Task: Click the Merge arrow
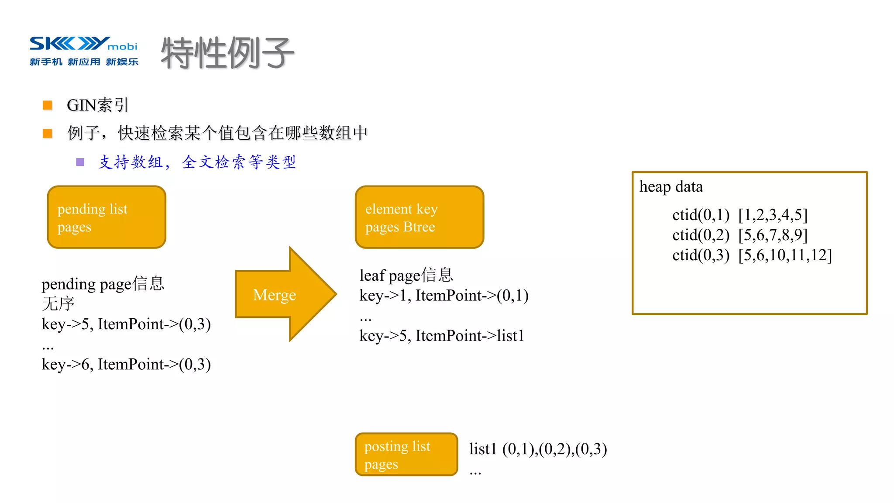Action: coord(284,294)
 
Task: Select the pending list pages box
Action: coord(107,217)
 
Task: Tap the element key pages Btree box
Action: coord(419,217)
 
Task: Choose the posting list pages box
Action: coord(406,455)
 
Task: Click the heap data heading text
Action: coord(671,187)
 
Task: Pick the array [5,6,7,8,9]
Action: coord(773,235)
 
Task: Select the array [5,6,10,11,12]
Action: coord(785,255)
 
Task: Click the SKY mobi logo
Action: coord(83,51)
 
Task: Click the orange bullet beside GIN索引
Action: coord(48,105)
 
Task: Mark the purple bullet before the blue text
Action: coord(80,162)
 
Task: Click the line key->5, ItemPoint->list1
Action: coord(441,336)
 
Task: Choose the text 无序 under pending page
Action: coord(58,303)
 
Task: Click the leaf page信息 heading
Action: coord(406,276)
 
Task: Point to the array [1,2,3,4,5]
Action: coord(773,215)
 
